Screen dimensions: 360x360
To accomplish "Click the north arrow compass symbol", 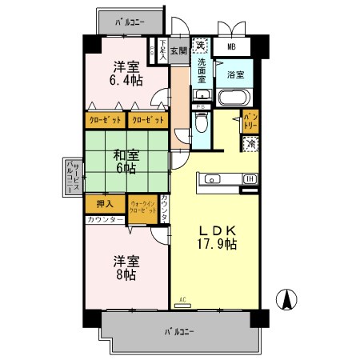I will tap(286, 302).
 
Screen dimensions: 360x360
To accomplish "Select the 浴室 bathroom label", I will tap(235, 76).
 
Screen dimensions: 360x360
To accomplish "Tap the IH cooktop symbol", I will tap(250, 178).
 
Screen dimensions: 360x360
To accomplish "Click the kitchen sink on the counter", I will tap(213, 178).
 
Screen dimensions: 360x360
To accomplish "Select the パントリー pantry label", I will tap(249, 121).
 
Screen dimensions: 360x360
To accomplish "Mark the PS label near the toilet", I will tap(201, 106).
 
